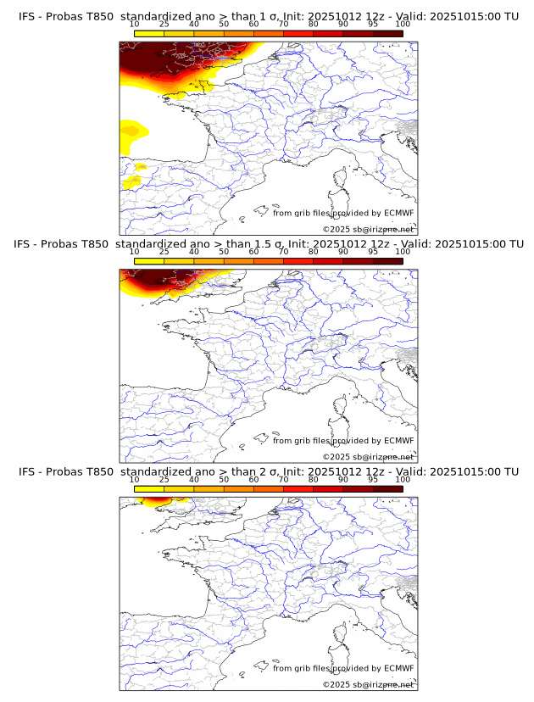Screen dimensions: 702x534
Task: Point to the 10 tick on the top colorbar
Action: coord(135,25)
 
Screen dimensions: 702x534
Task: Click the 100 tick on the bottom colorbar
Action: coord(403,480)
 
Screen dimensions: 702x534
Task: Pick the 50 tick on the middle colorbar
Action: coord(224,252)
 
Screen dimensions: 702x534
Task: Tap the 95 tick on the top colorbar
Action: coord(373,25)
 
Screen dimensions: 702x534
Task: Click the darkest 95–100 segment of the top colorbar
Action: coord(387,33)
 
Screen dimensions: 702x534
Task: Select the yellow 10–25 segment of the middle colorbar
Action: coord(149,260)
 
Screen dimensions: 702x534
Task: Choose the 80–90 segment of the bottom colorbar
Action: coord(328,488)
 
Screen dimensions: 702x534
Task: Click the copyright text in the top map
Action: coord(368,230)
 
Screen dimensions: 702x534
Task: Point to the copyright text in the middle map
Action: coord(368,457)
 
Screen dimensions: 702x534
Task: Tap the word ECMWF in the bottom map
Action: coord(398,668)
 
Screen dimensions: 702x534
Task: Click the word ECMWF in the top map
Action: coord(398,213)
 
